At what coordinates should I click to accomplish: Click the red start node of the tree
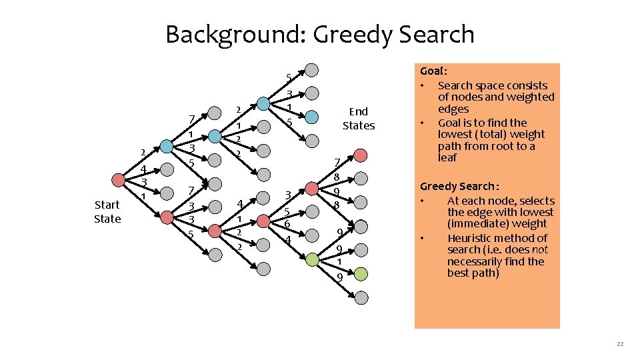click(x=119, y=179)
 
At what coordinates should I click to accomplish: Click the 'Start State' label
click(x=107, y=211)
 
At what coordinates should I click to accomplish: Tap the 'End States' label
click(x=359, y=118)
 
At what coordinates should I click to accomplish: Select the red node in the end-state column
click(x=360, y=155)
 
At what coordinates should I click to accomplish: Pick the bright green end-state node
click(x=360, y=273)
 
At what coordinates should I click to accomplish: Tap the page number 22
click(x=620, y=343)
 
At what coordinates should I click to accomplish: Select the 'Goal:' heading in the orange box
click(x=433, y=71)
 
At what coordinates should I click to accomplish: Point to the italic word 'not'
click(x=541, y=249)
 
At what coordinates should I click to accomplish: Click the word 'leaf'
click(x=447, y=158)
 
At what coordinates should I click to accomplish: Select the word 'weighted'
click(x=531, y=97)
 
